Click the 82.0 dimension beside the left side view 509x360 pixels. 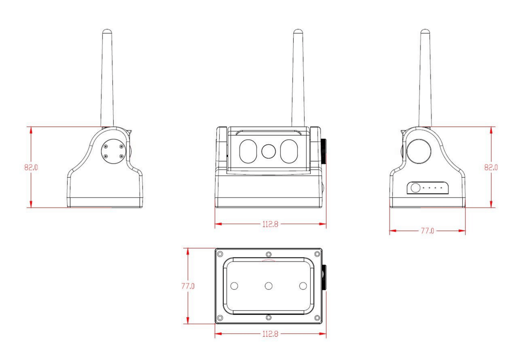pos(31,168)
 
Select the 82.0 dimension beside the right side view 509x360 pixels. pos(491,168)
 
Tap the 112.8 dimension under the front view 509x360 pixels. pos(270,224)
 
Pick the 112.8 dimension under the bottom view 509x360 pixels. pos(270,334)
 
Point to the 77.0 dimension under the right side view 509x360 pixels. pos(427,231)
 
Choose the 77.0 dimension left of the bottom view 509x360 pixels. pos(187,286)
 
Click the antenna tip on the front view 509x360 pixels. pos(298,32)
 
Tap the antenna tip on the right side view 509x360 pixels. pos(425,32)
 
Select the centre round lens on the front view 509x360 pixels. pos(268,151)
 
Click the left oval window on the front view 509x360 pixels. pos(248,151)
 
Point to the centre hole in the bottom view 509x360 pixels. pos(268,286)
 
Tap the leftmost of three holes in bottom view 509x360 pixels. pos(235,286)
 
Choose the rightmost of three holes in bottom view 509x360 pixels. pos(302,286)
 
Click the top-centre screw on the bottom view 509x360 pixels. pos(268,255)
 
